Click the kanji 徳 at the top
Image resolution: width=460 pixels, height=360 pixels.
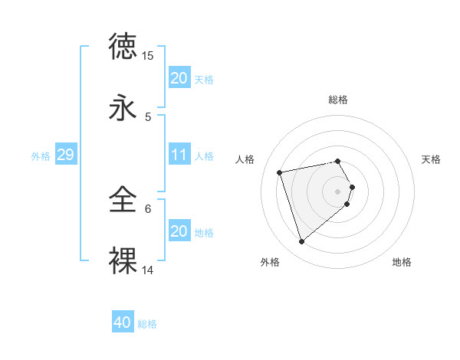click(123, 46)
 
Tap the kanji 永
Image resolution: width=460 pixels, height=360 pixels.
click(123, 107)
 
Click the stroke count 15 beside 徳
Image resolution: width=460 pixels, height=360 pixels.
click(148, 56)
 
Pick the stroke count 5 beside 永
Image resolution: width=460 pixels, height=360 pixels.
click(148, 117)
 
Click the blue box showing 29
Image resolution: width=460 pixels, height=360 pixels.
click(65, 155)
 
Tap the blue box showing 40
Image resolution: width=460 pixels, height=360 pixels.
click(123, 322)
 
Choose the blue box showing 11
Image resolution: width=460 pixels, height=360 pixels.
click(179, 155)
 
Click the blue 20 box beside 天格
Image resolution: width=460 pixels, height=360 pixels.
click(179, 77)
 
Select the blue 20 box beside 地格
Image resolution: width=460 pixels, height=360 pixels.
click(179, 231)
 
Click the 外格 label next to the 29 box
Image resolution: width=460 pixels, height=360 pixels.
click(41, 155)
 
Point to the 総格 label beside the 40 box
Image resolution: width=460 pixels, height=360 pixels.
click(147, 323)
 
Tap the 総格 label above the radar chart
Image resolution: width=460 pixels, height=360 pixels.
click(337, 100)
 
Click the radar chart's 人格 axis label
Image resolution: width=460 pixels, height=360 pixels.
click(245, 159)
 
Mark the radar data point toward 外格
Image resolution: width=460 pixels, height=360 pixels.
click(301, 242)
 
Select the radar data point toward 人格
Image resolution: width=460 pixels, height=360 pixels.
click(280, 172)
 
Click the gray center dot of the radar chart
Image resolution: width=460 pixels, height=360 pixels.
click(337, 190)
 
